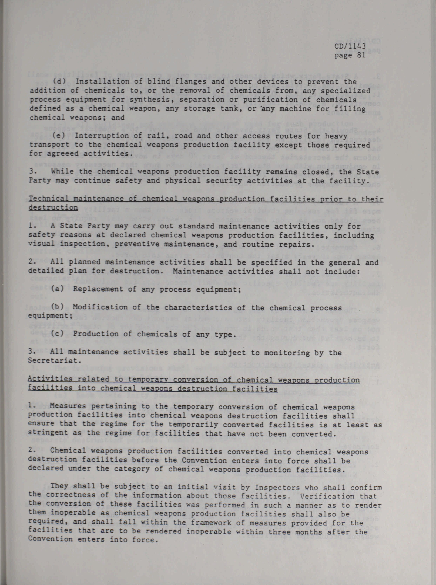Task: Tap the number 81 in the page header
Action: coord(360,55)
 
